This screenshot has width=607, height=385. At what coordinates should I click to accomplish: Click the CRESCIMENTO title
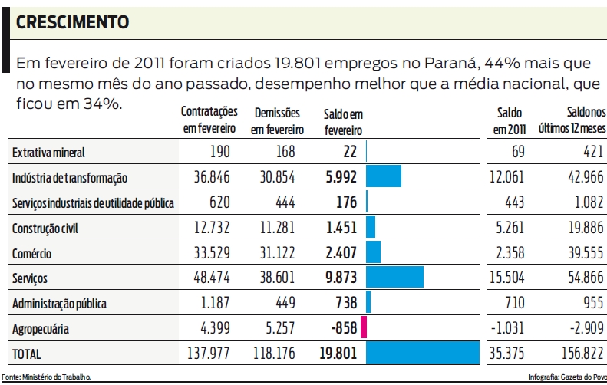[x=72, y=22]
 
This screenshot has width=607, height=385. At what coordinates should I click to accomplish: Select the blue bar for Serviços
[x=394, y=278]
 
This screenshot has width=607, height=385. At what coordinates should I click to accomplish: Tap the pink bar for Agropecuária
[x=364, y=327]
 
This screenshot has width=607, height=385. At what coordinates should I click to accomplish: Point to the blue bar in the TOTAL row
[x=423, y=353]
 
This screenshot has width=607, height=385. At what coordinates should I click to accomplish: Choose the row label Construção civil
[x=45, y=229]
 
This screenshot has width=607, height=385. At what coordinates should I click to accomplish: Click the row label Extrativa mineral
[x=48, y=153]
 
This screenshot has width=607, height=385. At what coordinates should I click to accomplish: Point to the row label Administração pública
[x=58, y=303]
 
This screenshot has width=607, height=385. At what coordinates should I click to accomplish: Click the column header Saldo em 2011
[x=509, y=120]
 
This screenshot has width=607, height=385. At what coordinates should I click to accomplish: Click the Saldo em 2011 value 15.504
[x=506, y=278]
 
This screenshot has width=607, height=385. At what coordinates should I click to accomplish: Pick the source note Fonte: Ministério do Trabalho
[x=47, y=377]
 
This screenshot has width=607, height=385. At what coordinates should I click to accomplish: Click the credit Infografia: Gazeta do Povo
[x=567, y=377]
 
